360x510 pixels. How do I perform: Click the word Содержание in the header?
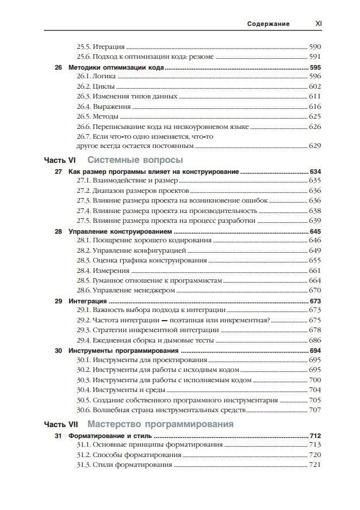point(268,24)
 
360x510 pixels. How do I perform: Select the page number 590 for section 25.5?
point(315,46)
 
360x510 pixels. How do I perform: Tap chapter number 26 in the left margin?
point(58,67)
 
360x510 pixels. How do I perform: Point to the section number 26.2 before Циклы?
point(84,86)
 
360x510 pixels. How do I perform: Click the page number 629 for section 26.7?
point(315,146)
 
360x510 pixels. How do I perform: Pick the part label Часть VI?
point(61,160)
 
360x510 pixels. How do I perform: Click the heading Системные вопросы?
point(136,160)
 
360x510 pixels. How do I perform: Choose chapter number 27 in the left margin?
point(58,172)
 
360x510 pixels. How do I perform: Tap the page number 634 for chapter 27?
point(315,172)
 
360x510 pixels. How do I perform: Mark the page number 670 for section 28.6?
point(315,290)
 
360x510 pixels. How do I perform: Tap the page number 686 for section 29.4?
point(315,340)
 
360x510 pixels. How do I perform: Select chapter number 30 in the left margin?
point(58,351)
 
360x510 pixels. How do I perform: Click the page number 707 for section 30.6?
point(315,410)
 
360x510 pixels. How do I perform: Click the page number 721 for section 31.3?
point(315,465)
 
